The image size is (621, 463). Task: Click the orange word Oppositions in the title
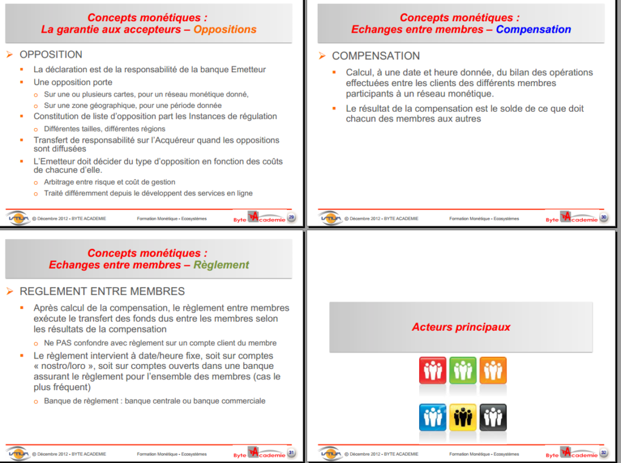(225, 29)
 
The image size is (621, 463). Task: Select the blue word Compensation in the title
(533, 29)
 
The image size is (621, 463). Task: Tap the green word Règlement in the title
(221, 265)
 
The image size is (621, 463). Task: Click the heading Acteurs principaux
(461, 327)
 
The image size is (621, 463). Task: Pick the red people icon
(432, 370)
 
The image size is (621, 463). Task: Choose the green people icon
(463, 370)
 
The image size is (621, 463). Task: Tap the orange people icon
(493, 370)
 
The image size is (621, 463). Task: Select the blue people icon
(432, 417)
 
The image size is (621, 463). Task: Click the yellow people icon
(463, 417)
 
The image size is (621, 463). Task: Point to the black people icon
(493, 417)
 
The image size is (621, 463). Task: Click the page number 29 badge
(292, 218)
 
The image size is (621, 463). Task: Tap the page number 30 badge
(603, 218)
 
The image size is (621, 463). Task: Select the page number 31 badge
(292, 453)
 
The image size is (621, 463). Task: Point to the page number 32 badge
(603, 453)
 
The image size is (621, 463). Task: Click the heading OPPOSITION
(51, 55)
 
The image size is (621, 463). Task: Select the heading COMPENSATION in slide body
(375, 56)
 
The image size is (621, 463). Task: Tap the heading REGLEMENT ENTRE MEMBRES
(102, 291)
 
